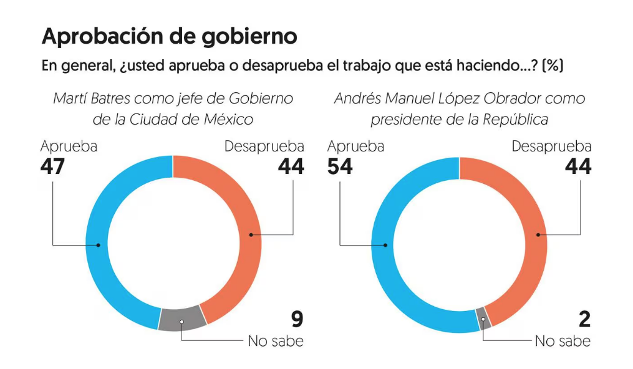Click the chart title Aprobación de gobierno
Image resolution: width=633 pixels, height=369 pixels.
point(169,36)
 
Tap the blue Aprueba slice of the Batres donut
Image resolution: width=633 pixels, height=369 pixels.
point(100,244)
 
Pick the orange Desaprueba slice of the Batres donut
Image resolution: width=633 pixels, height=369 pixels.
point(249,235)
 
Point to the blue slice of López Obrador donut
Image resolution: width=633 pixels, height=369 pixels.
point(387,244)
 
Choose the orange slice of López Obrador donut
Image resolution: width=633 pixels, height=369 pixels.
point(536,235)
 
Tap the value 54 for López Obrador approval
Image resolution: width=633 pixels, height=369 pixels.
point(341,167)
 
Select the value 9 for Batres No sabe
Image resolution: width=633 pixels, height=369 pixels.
point(297,320)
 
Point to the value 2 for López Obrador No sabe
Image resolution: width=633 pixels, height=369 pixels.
point(584,320)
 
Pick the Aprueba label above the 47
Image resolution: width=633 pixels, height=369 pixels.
point(69,146)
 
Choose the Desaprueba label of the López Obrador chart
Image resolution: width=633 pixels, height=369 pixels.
point(551,146)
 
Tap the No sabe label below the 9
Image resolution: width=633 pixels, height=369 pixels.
point(276,341)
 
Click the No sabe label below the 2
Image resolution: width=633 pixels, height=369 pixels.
point(563,341)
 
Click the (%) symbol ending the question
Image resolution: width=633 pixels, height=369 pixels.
point(553,66)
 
